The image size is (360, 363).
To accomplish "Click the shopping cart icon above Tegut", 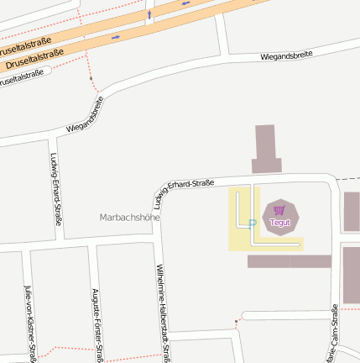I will click(x=279, y=210).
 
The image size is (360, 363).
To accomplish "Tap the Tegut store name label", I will click(x=279, y=222).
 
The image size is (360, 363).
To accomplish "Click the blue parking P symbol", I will click(x=252, y=223).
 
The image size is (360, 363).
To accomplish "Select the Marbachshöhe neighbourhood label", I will click(x=129, y=217).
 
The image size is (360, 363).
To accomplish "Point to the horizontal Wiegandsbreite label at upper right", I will click(x=287, y=55).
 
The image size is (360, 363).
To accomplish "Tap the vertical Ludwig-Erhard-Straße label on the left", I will click(x=56, y=190).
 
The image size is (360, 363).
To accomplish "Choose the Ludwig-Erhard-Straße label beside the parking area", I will click(x=185, y=192).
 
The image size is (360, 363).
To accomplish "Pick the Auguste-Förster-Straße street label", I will click(x=97, y=324).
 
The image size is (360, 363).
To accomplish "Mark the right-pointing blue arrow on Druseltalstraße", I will click(x=115, y=37).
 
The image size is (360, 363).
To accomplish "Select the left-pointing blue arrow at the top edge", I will click(x=185, y=3).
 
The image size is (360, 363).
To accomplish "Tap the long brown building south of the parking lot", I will click(x=289, y=261).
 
